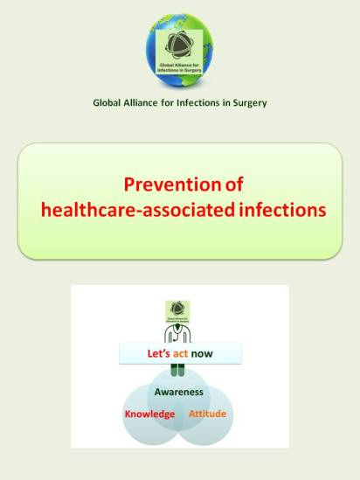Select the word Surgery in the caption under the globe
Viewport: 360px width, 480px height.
(x=246, y=104)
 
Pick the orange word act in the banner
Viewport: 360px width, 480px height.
(x=180, y=354)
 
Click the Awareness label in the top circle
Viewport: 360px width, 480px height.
(x=179, y=392)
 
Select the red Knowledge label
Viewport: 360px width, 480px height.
(x=149, y=414)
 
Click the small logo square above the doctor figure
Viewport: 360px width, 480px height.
(x=179, y=311)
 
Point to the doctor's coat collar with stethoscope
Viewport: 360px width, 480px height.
(x=179, y=334)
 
